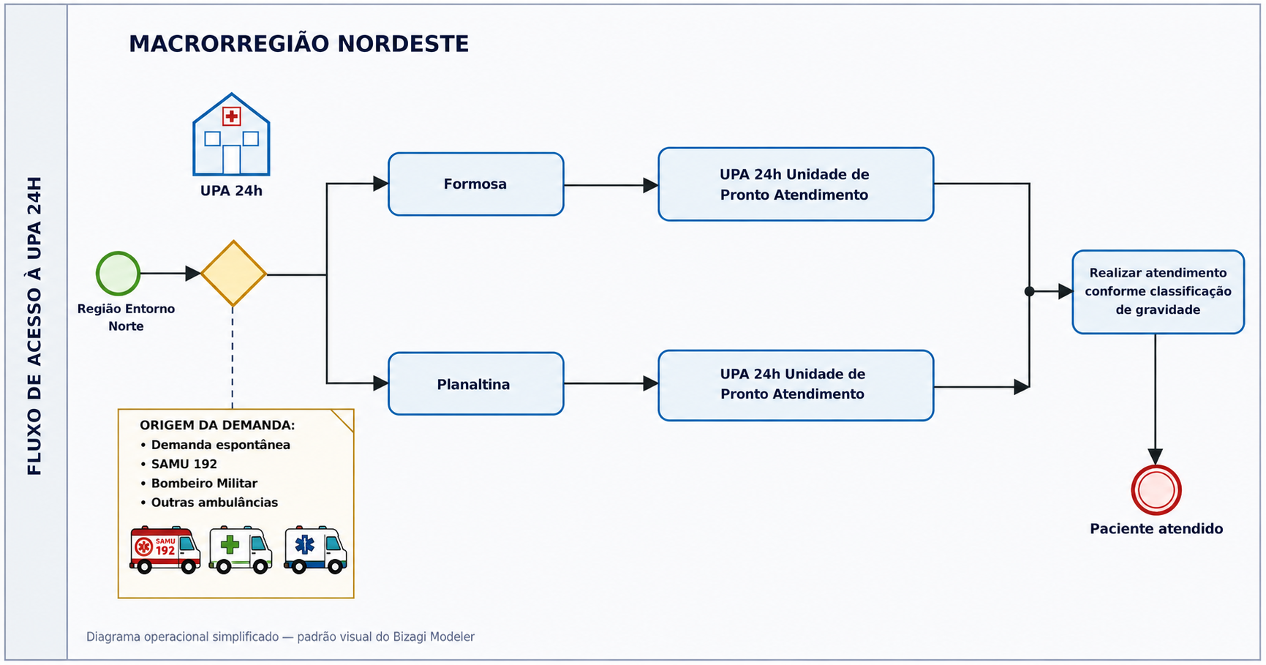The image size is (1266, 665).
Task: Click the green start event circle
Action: (118, 274)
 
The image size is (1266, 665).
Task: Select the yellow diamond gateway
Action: (233, 274)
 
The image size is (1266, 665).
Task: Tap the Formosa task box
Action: (476, 184)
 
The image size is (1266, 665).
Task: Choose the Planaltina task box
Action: (476, 384)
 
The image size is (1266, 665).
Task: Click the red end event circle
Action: (1156, 490)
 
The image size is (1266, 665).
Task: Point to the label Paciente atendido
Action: (1156, 529)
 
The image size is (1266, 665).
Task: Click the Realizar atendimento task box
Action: (1158, 292)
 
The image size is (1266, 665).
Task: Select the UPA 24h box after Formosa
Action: (796, 184)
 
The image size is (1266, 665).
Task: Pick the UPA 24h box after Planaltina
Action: (796, 386)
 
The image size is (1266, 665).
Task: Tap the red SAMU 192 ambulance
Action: (165, 549)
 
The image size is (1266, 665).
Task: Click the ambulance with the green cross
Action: (241, 549)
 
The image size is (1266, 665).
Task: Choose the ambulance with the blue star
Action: (315, 549)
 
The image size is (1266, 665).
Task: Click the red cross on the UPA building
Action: (232, 116)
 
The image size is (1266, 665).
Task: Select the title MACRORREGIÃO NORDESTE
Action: (299, 44)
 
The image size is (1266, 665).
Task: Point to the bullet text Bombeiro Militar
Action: (204, 484)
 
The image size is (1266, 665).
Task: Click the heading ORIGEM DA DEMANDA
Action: (217, 425)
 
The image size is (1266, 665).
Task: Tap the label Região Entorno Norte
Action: (126, 318)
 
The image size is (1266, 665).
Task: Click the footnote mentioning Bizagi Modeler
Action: (280, 637)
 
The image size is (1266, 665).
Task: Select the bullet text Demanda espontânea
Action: (221, 445)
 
